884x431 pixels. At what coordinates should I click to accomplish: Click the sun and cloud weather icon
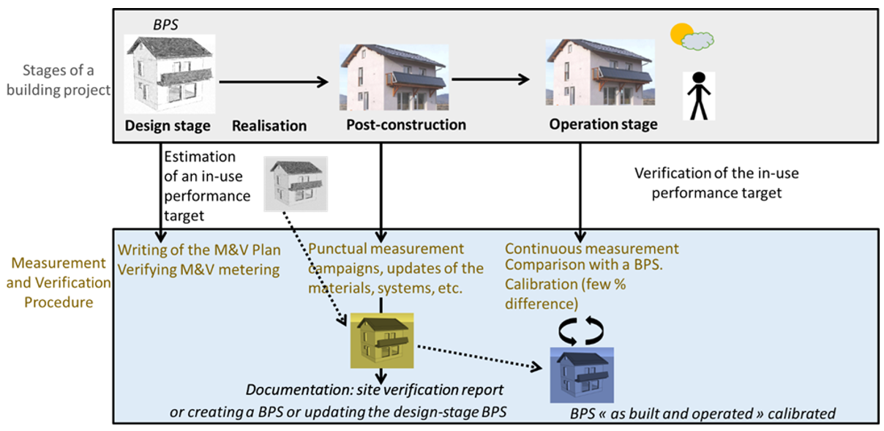point(692,37)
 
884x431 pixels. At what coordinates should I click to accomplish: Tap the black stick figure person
point(698,96)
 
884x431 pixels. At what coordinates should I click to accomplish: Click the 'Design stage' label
point(168,126)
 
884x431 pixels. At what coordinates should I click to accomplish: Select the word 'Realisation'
point(269,126)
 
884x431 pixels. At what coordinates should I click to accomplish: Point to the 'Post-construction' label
point(406,124)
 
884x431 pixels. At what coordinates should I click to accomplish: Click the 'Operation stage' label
point(603,124)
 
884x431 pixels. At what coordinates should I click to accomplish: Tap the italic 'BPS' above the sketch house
point(165,24)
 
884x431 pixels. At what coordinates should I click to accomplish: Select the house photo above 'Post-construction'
point(394,77)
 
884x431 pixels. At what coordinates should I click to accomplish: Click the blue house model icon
point(582,375)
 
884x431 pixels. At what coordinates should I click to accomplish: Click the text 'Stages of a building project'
point(56,81)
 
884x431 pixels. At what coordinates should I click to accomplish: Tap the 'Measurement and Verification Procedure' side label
point(58,282)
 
